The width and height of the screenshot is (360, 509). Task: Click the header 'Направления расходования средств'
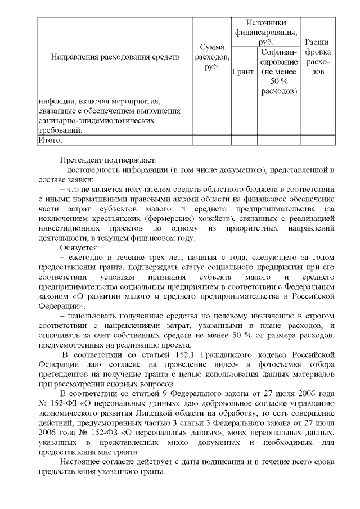pyautogui.click(x=115, y=57)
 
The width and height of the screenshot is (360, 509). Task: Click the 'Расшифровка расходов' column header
pyautogui.click(x=318, y=57)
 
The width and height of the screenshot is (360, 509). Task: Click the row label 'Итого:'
pyautogui.click(x=50, y=140)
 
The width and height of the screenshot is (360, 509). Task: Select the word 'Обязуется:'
pyautogui.click(x=79, y=247)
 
